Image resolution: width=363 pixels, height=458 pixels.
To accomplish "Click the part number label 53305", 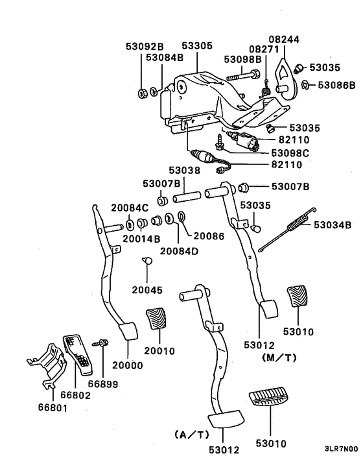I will click(196, 47).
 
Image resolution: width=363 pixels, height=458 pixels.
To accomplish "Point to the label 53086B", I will click(336, 85).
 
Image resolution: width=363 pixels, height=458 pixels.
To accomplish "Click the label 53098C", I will click(289, 152).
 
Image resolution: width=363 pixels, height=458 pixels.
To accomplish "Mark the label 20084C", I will click(130, 208).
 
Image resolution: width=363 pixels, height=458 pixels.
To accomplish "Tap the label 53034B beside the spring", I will click(333, 226).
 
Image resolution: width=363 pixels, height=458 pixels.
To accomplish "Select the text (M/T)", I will click(278, 357).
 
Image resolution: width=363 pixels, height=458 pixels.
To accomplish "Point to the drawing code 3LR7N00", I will click(342, 448).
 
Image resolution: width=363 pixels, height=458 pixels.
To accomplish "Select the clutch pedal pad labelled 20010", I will click(158, 322).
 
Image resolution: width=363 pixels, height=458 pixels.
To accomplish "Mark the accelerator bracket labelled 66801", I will click(49, 367).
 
